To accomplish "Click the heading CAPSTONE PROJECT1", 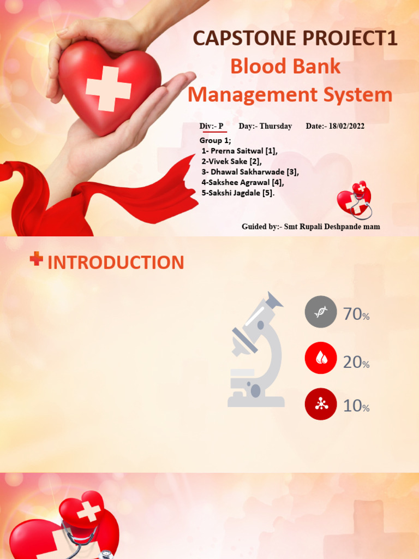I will tap(295, 39).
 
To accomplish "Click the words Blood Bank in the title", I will tap(285, 67).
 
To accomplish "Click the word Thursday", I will tap(276, 126).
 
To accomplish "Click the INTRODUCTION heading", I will tap(116, 263).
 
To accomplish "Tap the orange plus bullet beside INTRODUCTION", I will tap(37, 259).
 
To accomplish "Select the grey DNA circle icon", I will tap(321, 312).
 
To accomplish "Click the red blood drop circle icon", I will tap(321, 358).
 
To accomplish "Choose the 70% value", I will tap(356, 314).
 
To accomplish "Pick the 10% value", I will tap(356, 406).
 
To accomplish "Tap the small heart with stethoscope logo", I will tap(355, 200).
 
